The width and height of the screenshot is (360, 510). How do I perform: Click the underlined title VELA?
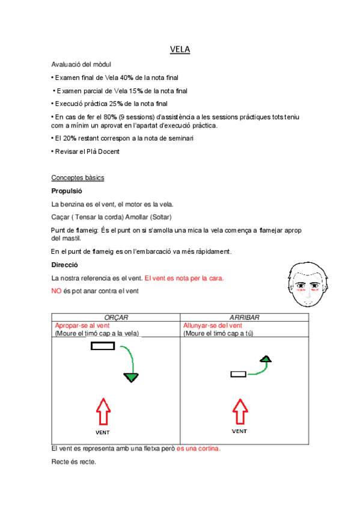[x=180, y=50]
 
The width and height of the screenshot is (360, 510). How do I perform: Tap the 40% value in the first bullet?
[x=127, y=78]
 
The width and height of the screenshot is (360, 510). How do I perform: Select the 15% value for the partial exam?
[x=135, y=91]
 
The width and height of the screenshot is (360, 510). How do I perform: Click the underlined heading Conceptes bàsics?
[x=78, y=178]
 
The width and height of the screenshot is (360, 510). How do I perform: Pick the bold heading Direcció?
[x=65, y=265]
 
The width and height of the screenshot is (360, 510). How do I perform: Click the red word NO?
[x=57, y=291]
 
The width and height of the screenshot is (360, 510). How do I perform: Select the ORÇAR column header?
[x=116, y=318]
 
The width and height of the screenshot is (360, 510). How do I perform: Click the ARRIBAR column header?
[x=244, y=318]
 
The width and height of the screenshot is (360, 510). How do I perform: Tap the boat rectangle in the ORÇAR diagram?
[x=103, y=346]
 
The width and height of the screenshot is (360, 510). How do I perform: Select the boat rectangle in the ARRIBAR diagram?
[x=239, y=375]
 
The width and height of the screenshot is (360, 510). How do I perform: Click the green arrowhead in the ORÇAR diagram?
[x=131, y=378]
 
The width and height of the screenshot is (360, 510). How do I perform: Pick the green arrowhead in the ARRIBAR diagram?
[x=267, y=359]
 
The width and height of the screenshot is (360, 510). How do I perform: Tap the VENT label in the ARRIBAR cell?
[x=240, y=431]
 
